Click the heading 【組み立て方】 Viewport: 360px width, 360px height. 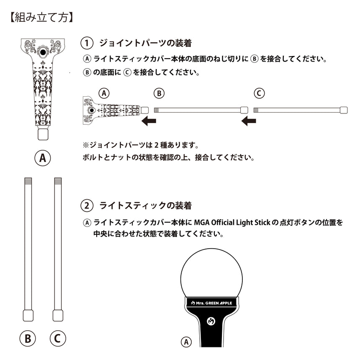(41, 18)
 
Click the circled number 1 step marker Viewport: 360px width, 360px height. (86, 43)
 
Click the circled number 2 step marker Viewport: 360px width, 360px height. (86, 206)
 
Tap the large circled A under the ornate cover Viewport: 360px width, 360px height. (42, 158)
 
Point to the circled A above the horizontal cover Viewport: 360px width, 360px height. (103, 93)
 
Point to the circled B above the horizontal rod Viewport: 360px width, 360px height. (159, 93)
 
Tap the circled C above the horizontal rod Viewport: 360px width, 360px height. (260, 93)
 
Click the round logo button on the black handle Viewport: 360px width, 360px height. (211, 321)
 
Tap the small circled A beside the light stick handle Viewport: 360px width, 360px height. (186, 342)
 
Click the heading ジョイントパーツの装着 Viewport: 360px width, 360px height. (145, 43)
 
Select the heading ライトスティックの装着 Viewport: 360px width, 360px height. (145, 206)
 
